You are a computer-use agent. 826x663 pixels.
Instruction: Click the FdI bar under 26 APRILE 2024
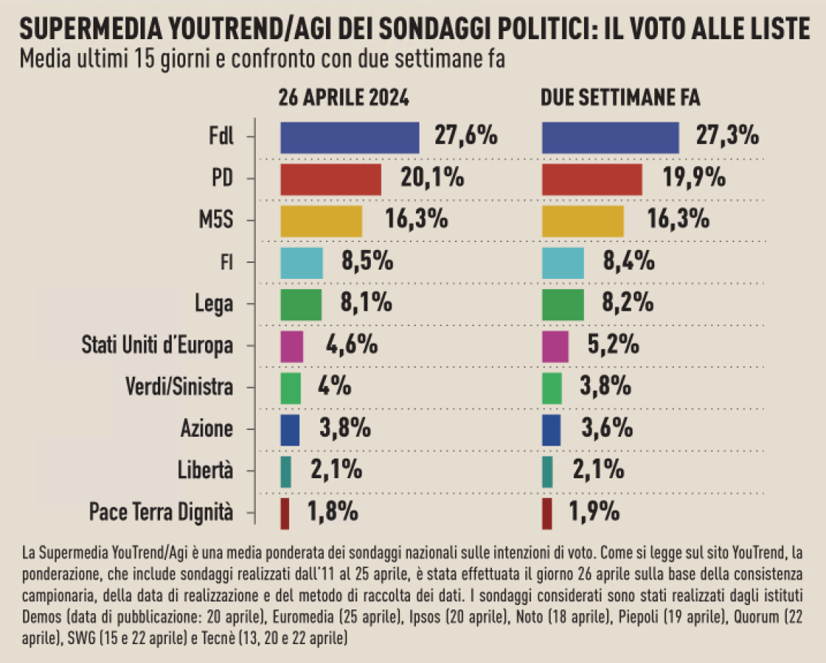(x=349, y=138)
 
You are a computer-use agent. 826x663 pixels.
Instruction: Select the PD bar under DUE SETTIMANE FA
(x=592, y=179)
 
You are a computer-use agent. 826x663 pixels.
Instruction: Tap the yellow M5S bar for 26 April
(x=321, y=221)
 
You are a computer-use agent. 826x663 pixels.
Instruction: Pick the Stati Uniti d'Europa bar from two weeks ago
(x=555, y=346)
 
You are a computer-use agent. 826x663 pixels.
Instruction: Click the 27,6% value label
(x=466, y=136)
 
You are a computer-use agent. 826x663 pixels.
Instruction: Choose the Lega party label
(x=214, y=304)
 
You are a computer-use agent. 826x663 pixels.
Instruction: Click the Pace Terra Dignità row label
(x=161, y=512)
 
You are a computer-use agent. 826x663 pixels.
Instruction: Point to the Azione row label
(x=206, y=429)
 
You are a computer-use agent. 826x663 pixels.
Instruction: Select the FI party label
(x=226, y=262)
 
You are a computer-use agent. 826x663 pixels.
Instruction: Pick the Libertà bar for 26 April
(x=285, y=471)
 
